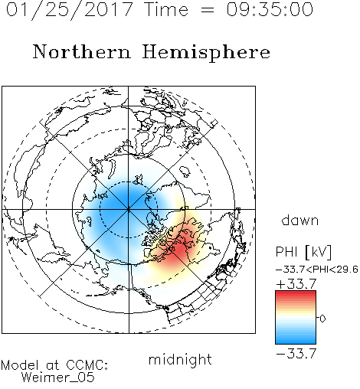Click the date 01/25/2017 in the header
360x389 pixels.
[x=69, y=10]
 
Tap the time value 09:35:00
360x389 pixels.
[x=270, y=10]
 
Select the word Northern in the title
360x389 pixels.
[x=82, y=52]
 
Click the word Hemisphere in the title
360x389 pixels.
[x=206, y=53]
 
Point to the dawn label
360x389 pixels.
[x=300, y=220]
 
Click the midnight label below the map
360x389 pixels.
[x=180, y=359]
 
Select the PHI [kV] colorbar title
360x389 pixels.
[x=303, y=252]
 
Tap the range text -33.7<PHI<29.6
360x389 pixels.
[x=316, y=270]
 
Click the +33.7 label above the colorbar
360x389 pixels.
[x=296, y=283]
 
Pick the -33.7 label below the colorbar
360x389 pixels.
[x=296, y=354]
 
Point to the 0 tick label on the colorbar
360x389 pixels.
[x=322, y=319]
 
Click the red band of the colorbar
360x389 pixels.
[x=296, y=297]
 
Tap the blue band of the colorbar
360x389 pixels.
[x=296, y=337]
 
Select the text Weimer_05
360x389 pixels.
[x=58, y=378]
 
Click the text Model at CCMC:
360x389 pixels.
[x=54, y=365]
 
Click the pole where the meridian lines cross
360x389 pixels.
[x=129, y=209]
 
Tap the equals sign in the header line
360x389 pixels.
[x=208, y=11]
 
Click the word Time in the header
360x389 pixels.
[x=166, y=10]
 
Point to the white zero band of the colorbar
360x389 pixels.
[x=296, y=319]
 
